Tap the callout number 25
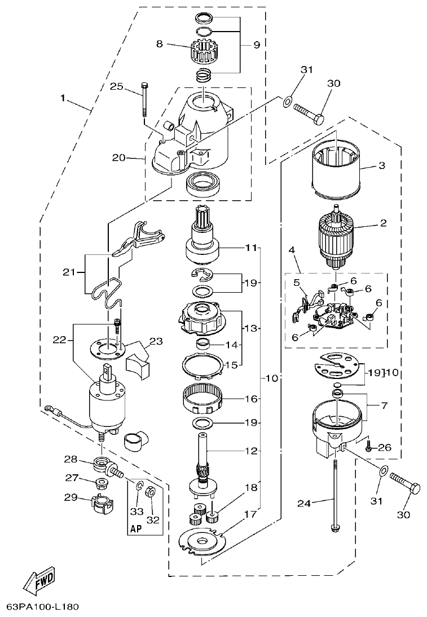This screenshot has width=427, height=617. tap(116, 86)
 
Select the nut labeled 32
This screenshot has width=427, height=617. tap(151, 492)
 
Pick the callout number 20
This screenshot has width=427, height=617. tap(118, 158)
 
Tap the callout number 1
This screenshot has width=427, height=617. tap(64, 98)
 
